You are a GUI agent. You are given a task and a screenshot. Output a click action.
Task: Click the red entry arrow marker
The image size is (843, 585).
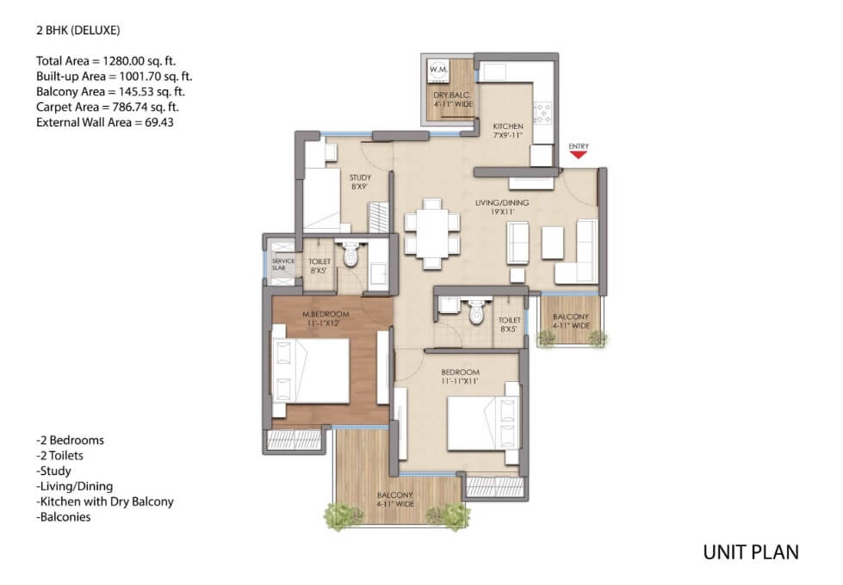point(579,155)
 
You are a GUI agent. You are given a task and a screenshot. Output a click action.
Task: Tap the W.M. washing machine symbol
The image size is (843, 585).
point(438,71)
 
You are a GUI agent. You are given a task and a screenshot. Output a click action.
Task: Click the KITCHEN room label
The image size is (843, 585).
point(508,126)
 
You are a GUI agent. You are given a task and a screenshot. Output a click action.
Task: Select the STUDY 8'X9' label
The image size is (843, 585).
point(360,182)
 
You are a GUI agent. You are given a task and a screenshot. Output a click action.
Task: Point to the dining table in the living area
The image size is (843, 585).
point(432,234)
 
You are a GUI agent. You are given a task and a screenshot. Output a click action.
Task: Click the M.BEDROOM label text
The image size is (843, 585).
point(325,314)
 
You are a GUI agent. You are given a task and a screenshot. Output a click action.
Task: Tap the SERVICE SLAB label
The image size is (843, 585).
point(282,264)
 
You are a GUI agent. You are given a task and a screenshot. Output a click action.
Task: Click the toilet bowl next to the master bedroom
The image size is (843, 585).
point(350,255)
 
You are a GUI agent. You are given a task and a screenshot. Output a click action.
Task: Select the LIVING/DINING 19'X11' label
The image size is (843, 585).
point(502,206)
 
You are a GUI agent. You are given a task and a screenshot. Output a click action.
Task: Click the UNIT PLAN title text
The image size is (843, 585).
point(751,552)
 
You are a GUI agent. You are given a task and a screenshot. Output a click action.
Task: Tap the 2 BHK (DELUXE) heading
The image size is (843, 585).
point(78,30)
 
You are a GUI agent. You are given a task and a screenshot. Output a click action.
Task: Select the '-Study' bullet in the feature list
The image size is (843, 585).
point(53,471)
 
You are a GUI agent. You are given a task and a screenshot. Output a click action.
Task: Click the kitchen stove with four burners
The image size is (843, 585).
point(543,113)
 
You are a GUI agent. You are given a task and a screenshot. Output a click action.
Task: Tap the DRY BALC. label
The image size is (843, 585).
point(453,95)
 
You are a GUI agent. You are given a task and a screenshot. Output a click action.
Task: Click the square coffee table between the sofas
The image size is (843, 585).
point(553,243)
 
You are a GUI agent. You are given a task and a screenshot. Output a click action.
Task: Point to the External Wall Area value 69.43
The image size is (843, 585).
point(159,122)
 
